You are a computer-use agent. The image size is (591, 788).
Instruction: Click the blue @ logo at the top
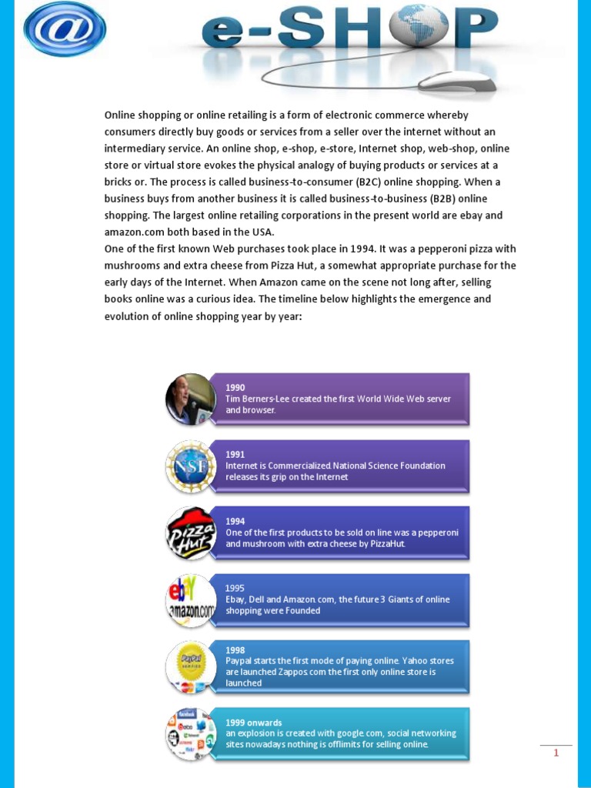point(65,28)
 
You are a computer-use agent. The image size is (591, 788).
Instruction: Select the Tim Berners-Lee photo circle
point(191,399)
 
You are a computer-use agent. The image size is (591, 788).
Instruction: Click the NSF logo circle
point(191,466)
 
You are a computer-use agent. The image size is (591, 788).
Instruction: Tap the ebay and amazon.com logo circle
point(191,600)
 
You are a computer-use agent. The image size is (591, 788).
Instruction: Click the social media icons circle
point(191,734)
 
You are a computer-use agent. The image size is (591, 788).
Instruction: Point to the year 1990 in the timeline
point(235,388)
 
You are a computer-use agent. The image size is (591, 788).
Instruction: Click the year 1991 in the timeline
point(235,455)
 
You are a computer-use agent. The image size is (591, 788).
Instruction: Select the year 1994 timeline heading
point(235,521)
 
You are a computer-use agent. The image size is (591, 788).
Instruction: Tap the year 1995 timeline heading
point(235,588)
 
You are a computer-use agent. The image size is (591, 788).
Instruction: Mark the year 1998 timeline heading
point(235,649)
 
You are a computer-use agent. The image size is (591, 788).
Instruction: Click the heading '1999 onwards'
point(254,723)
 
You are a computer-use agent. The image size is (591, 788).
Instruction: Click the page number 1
point(556,753)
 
